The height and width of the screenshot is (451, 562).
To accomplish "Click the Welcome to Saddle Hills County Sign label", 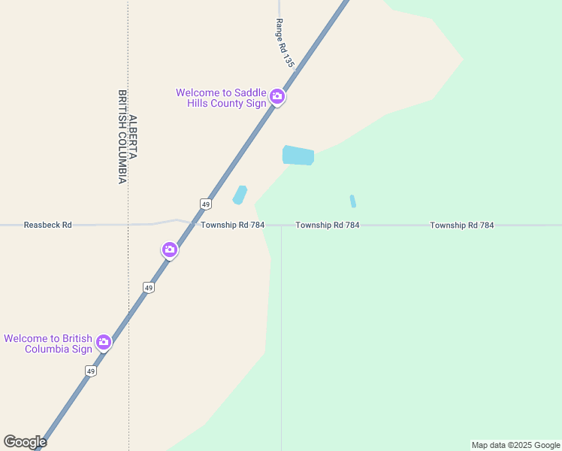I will click(x=221, y=98).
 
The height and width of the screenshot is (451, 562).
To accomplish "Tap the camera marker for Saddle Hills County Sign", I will click(x=277, y=96).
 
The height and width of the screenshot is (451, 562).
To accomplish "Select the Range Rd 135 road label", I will click(x=283, y=44).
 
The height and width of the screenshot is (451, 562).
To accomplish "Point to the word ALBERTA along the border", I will click(x=133, y=138).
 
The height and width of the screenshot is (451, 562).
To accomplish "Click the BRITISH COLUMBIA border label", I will click(x=122, y=138).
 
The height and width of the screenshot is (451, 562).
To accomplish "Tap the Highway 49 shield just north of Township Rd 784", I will click(x=205, y=204).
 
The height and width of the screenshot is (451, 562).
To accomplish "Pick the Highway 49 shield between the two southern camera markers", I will click(x=149, y=288).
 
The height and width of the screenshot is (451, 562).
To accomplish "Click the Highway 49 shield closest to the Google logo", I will click(x=91, y=371).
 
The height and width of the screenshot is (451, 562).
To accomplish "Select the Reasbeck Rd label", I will click(x=47, y=225).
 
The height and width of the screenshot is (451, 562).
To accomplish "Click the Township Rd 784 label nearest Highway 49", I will click(x=232, y=225).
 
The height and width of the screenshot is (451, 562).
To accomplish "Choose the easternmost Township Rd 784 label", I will click(x=462, y=225).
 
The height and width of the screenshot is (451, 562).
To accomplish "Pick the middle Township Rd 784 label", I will click(x=327, y=225).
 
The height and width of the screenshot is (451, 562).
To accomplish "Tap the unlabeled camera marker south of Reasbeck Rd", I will click(x=170, y=250).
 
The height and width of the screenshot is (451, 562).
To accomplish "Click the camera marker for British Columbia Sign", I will click(x=104, y=343).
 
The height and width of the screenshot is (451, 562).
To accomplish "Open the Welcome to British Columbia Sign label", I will click(x=48, y=344).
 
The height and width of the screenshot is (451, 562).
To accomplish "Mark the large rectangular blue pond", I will click(x=298, y=156).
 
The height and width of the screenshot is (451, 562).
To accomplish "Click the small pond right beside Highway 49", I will click(x=240, y=195).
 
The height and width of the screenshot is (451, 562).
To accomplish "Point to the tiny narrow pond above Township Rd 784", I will click(x=352, y=201).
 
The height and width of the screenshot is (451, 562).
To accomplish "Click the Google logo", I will click(x=25, y=442).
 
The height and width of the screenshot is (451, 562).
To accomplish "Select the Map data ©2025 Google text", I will click(x=516, y=445).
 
